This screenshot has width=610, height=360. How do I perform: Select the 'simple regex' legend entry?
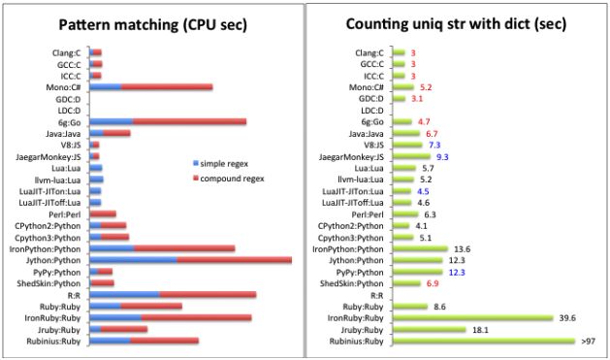(x=226, y=166)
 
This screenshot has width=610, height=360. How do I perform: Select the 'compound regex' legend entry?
(x=232, y=179)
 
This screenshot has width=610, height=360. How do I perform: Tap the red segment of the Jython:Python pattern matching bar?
(x=234, y=260)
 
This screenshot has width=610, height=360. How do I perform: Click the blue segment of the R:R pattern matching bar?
(x=124, y=294)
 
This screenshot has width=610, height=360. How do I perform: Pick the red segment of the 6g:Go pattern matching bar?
(x=189, y=122)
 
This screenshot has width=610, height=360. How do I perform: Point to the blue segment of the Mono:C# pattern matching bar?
(x=106, y=87)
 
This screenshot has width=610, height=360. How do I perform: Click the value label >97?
(x=589, y=341)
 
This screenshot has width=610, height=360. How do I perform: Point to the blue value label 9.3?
(x=442, y=156)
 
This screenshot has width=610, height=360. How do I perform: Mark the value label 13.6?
(x=462, y=248)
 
